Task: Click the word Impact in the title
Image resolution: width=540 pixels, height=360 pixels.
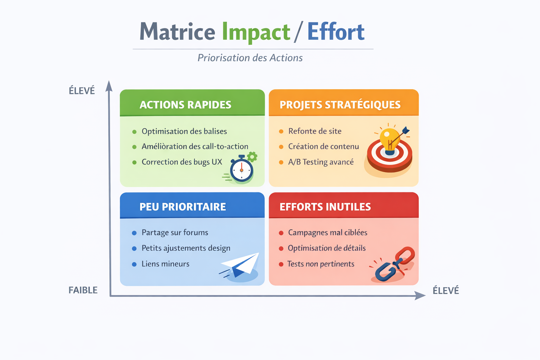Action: click(256, 32)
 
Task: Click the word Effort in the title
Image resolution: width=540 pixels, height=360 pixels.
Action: click(336, 32)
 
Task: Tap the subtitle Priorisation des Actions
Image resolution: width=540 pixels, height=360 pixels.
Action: click(250, 58)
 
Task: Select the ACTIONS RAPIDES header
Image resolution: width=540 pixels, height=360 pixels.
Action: click(185, 105)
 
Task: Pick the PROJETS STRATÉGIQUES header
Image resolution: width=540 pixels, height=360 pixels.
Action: click(340, 105)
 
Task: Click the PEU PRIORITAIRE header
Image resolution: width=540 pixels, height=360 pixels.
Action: click(182, 207)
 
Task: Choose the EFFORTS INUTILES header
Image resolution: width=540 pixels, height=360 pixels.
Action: click(325, 207)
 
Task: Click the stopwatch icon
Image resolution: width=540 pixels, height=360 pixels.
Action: click(242, 170)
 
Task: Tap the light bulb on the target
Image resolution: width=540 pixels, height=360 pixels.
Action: click(390, 140)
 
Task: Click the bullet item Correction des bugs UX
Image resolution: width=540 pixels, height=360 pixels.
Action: click(182, 162)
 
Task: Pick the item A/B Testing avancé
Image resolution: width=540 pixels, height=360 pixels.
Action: click(321, 162)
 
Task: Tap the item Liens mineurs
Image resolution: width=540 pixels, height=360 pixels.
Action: click(165, 264)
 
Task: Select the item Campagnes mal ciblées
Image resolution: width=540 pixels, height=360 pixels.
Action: click(327, 233)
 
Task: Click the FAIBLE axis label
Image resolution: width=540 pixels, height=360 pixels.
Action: click(83, 290)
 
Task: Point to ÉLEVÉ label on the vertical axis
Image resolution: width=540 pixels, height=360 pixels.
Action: click(82, 91)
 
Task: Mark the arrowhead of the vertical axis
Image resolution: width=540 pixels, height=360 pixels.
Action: click(109, 85)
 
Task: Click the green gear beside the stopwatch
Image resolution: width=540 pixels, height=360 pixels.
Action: click(252, 156)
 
